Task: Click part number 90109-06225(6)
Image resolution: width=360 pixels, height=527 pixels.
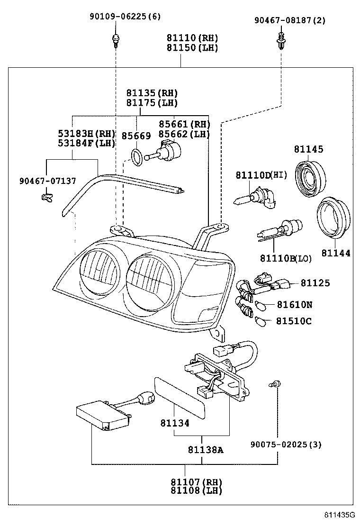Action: [x=125, y=17]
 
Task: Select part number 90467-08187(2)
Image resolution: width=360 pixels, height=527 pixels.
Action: [x=283, y=20]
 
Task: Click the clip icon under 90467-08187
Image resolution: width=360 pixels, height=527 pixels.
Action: [x=281, y=40]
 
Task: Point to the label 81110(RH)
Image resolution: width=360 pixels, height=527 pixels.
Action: [x=192, y=37]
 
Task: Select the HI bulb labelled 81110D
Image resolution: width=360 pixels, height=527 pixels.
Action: [x=253, y=197]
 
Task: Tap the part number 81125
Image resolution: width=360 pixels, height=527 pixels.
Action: [x=315, y=283]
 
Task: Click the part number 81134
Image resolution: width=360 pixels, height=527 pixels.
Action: [x=174, y=423]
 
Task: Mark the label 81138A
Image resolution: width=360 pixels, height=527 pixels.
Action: [x=205, y=450]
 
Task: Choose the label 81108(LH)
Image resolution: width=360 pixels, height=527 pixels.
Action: [x=196, y=491]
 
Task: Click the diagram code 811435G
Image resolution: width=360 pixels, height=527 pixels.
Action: [x=339, y=515]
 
